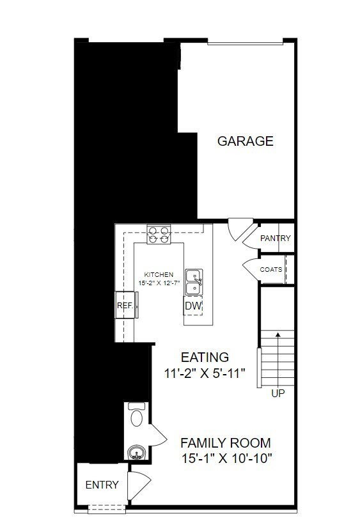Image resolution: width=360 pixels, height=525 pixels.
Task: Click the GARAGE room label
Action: (245, 141)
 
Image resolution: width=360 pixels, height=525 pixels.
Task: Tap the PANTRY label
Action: (275, 238)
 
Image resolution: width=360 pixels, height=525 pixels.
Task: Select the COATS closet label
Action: (271, 269)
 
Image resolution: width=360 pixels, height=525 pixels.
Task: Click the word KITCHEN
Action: (159, 274)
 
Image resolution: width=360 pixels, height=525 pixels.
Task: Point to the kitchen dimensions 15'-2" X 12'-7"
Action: (159, 283)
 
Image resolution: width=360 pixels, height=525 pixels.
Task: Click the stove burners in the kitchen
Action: (159, 235)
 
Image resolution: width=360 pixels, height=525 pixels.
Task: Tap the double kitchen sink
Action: (194, 281)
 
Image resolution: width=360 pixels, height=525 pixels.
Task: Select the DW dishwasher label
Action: (194, 306)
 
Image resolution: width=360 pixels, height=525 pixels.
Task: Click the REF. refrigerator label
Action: (125, 306)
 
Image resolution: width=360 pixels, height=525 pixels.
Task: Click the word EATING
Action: (205, 357)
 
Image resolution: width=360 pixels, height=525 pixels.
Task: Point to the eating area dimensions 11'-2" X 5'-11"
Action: (205, 373)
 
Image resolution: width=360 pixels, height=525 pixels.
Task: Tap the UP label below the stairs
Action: (278, 393)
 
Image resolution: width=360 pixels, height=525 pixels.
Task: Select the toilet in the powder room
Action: (137, 414)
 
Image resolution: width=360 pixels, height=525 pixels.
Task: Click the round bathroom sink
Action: (136, 452)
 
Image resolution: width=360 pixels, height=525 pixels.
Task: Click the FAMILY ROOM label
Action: (225, 443)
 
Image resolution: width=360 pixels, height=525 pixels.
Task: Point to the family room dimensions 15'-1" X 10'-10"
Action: (227, 458)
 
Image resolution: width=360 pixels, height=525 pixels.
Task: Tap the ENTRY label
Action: (102, 485)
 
